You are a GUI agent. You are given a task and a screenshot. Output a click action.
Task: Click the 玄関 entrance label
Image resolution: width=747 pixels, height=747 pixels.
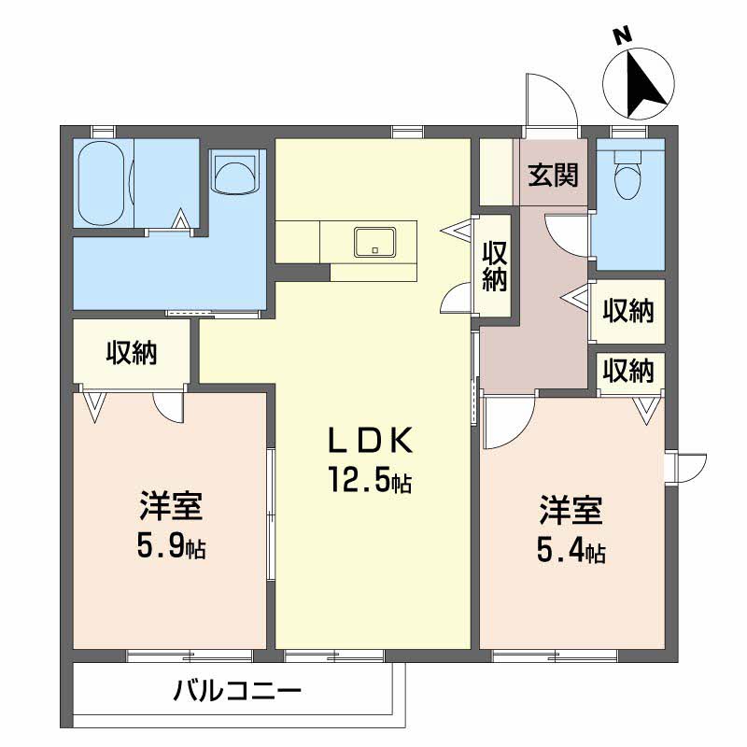pyautogui.click(x=553, y=175)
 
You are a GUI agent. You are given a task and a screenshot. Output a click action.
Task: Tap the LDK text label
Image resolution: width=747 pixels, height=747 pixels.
pyautogui.click(x=370, y=441)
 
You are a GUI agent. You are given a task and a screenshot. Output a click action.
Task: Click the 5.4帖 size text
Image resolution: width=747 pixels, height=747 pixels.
pyautogui.click(x=571, y=550)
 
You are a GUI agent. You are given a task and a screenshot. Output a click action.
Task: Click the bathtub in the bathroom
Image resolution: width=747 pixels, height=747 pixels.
pyautogui.click(x=101, y=184)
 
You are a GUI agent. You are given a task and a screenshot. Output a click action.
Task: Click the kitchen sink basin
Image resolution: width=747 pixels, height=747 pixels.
pyautogui.click(x=374, y=242)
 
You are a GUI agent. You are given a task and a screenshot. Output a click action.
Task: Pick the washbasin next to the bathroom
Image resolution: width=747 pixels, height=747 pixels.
pyautogui.click(x=234, y=175)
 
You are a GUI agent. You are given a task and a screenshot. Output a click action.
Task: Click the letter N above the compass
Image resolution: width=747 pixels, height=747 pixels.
pyautogui.click(x=622, y=36)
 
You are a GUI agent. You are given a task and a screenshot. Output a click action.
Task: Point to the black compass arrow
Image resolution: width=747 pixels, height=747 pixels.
pyautogui.click(x=641, y=84)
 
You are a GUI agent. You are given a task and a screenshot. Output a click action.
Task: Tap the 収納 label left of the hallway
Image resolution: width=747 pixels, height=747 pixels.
pyautogui.click(x=494, y=266)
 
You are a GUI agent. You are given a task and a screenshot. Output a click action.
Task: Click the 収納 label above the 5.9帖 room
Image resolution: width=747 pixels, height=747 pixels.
pyautogui.click(x=131, y=353)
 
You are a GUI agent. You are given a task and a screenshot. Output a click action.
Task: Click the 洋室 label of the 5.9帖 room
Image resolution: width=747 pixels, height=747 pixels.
pyautogui.click(x=171, y=506)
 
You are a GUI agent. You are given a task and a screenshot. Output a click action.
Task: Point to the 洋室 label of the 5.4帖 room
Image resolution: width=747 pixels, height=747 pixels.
pyautogui.click(x=571, y=511)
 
